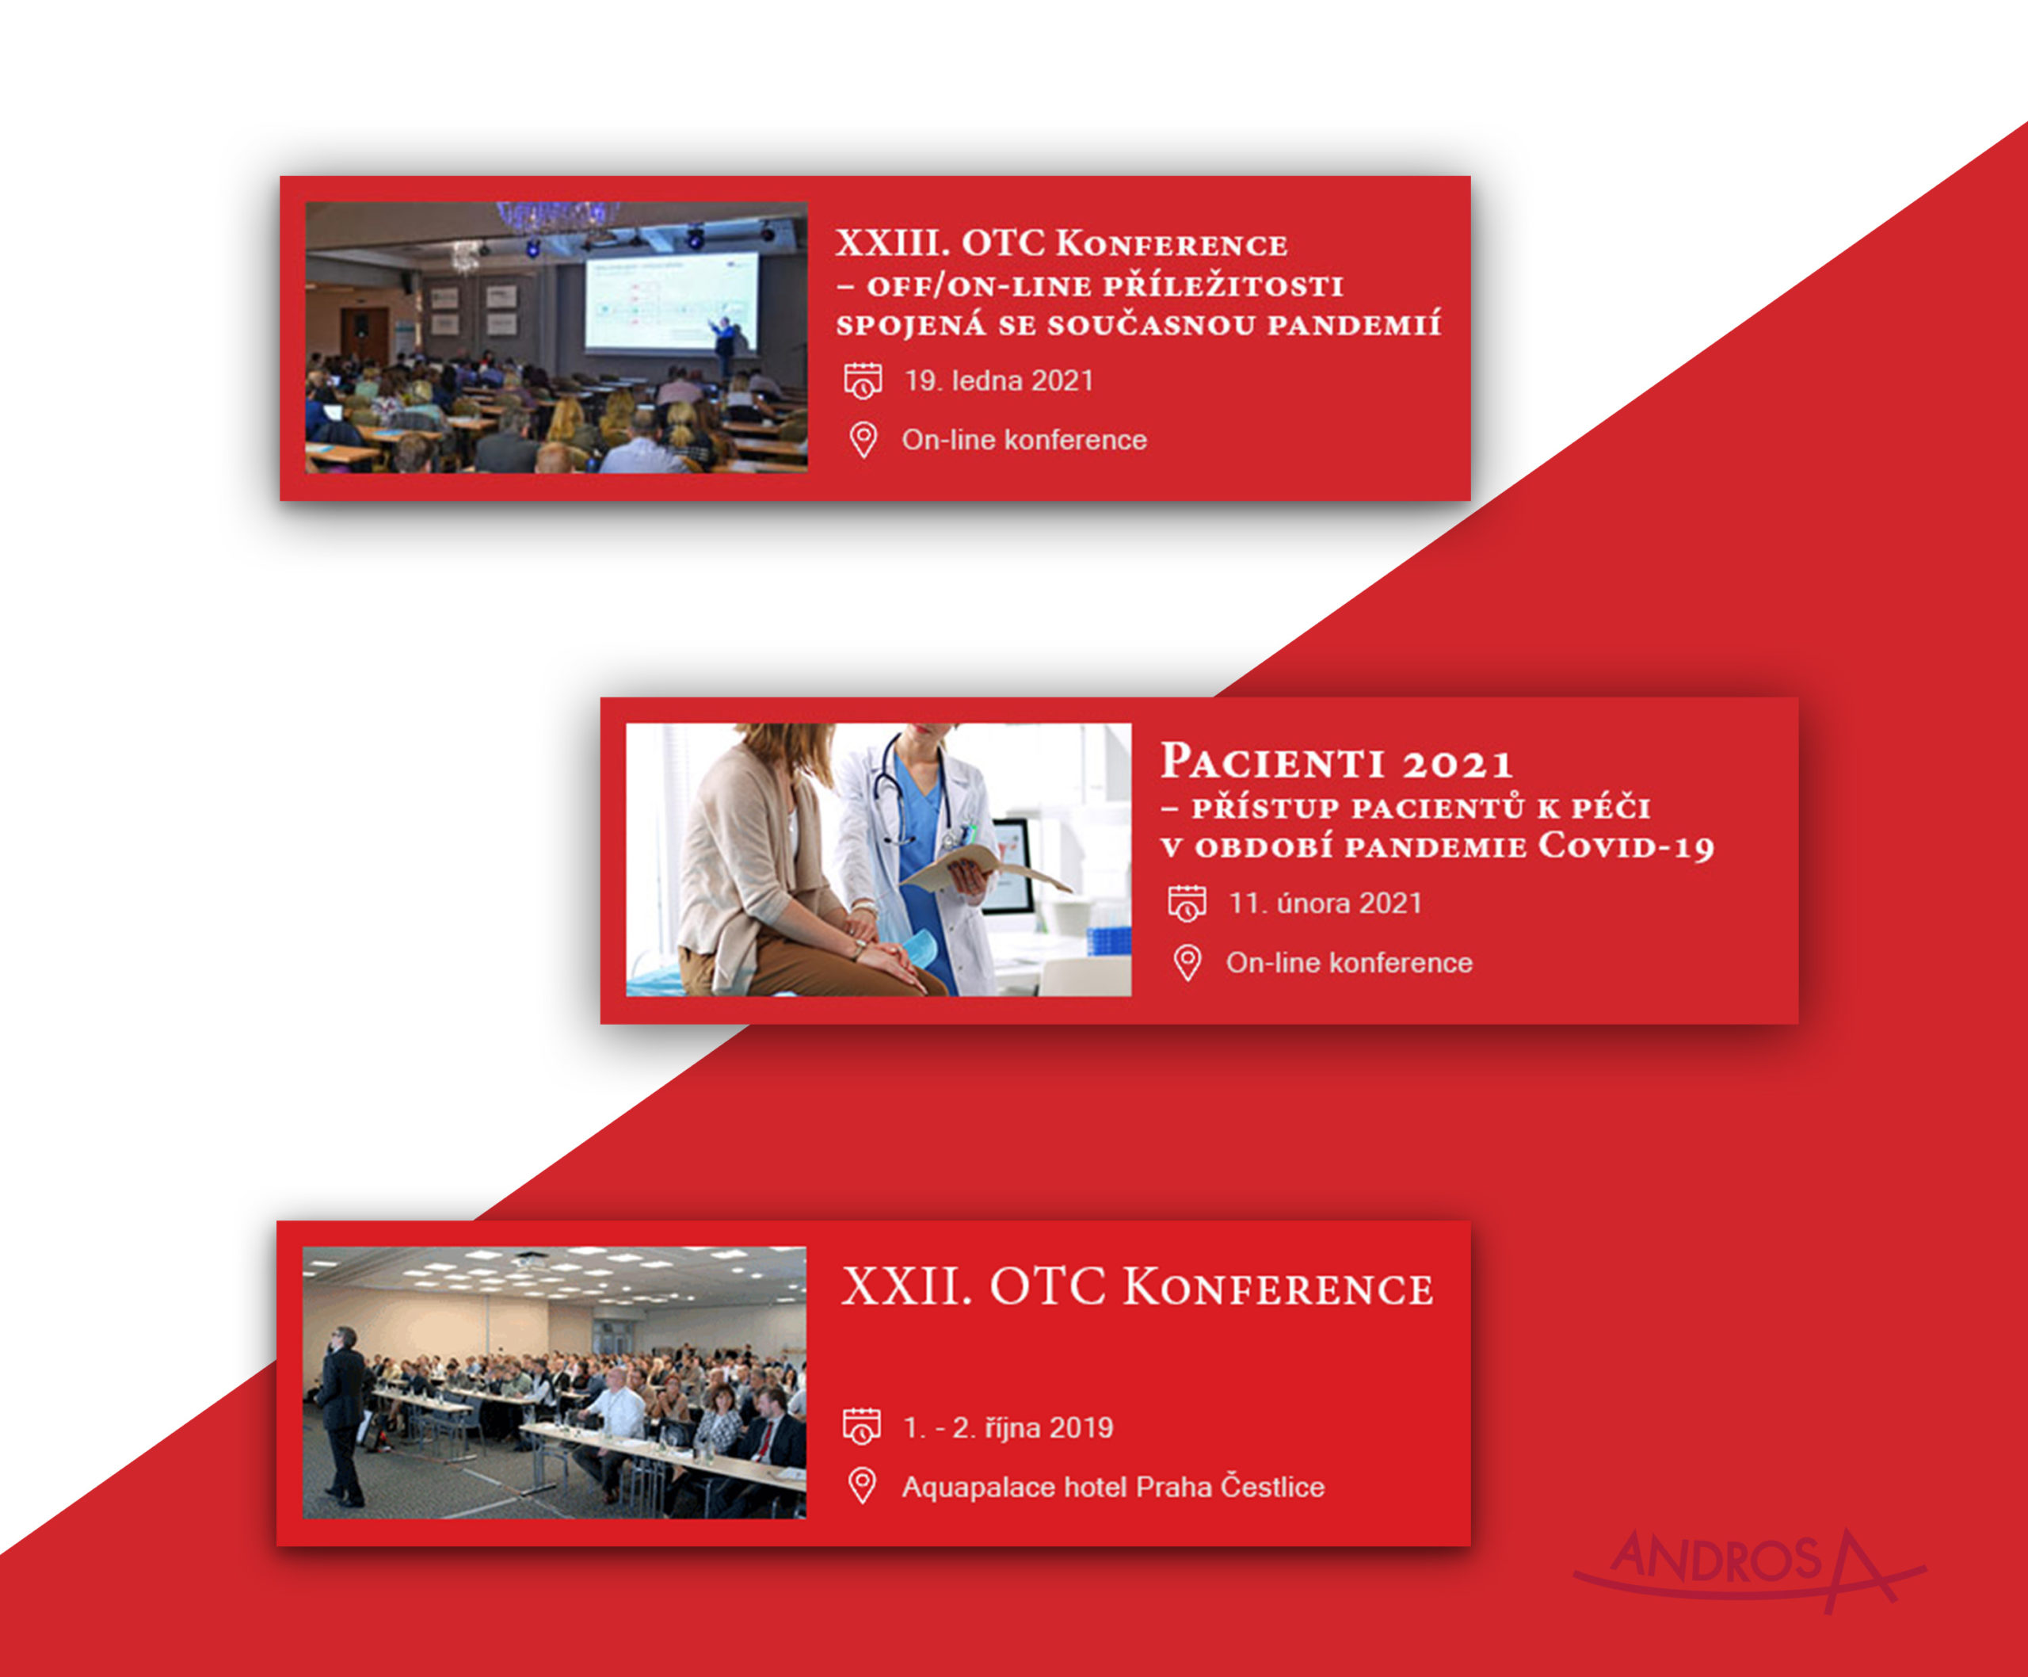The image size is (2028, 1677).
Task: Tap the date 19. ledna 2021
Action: click(x=998, y=380)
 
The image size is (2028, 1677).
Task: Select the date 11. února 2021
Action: click(x=1325, y=903)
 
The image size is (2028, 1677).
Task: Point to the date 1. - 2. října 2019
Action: click(x=1007, y=1428)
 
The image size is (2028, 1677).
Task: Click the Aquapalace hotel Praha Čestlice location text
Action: click(x=1112, y=1487)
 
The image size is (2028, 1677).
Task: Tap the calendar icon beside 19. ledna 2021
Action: click(x=863, y=380)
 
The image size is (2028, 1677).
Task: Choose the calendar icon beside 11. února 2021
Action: click(x=1187, y=903)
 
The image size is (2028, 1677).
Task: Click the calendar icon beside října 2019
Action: click(x=861, y=1427)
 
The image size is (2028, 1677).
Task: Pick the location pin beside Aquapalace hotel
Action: click(x=861, y=1486)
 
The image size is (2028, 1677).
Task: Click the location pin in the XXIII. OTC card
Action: click(x=863, y=440)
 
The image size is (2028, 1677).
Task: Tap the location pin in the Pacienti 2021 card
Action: click(x=1187, y=962)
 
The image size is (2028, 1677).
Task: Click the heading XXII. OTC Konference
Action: click(x=1137, y=1288)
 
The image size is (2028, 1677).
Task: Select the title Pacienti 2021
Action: click(x=1336, y=762)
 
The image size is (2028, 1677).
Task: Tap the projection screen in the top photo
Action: click(x=671, y=300)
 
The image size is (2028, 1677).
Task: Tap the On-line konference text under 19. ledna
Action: click(x=1024, y=440)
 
